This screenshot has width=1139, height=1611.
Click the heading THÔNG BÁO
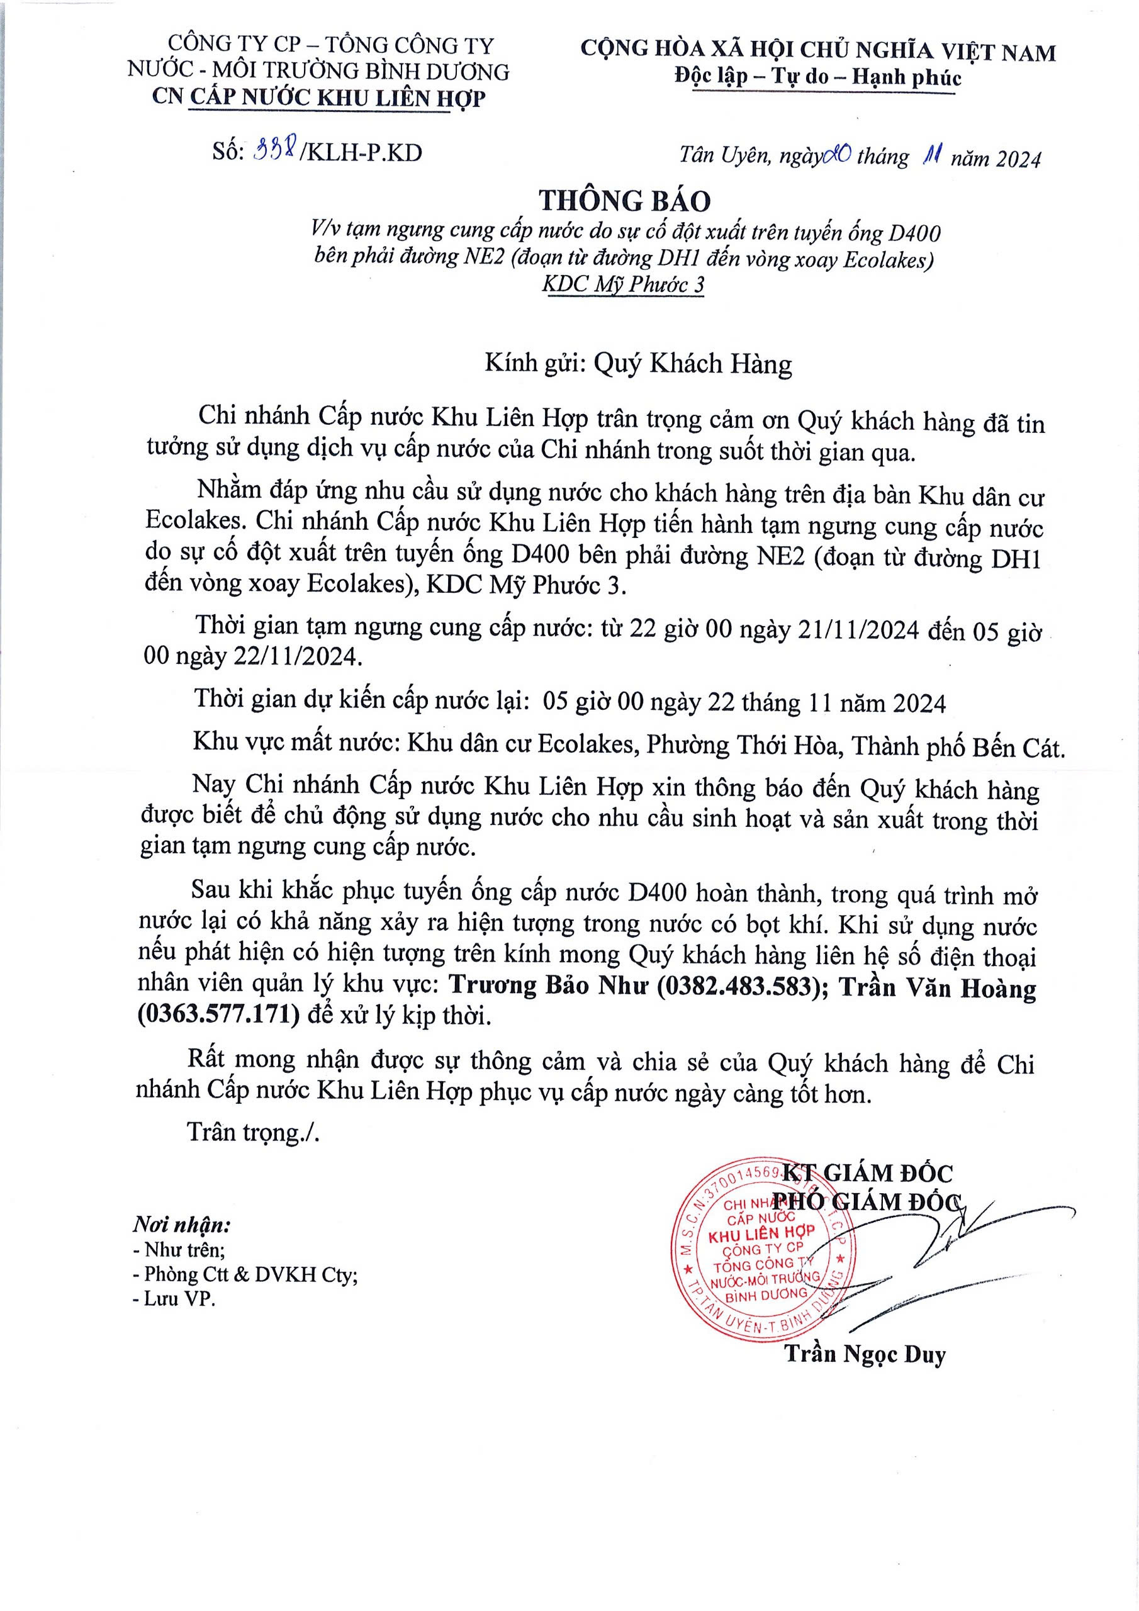(625, 201)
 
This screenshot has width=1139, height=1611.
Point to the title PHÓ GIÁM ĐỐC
(865, 1201)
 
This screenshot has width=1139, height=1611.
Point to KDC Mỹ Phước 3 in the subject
(623, 285)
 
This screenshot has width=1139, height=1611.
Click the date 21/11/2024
(859, 630)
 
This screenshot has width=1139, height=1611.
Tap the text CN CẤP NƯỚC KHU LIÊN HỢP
(318, 98)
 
